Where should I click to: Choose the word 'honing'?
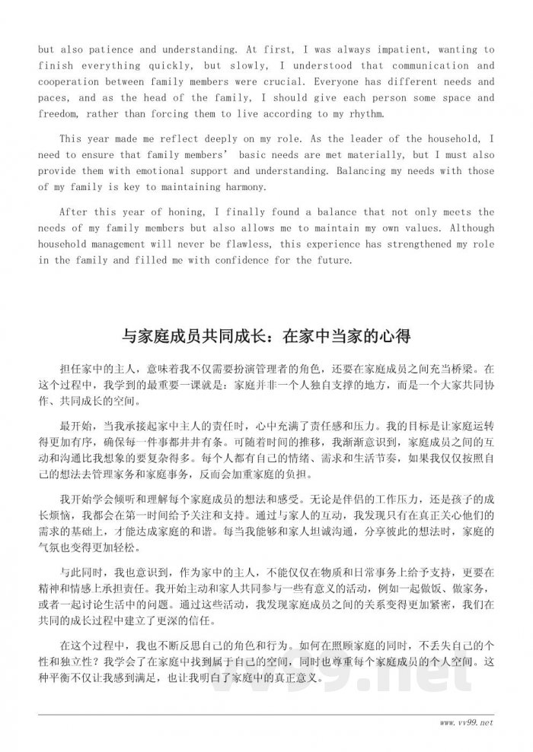click(173, 212)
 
